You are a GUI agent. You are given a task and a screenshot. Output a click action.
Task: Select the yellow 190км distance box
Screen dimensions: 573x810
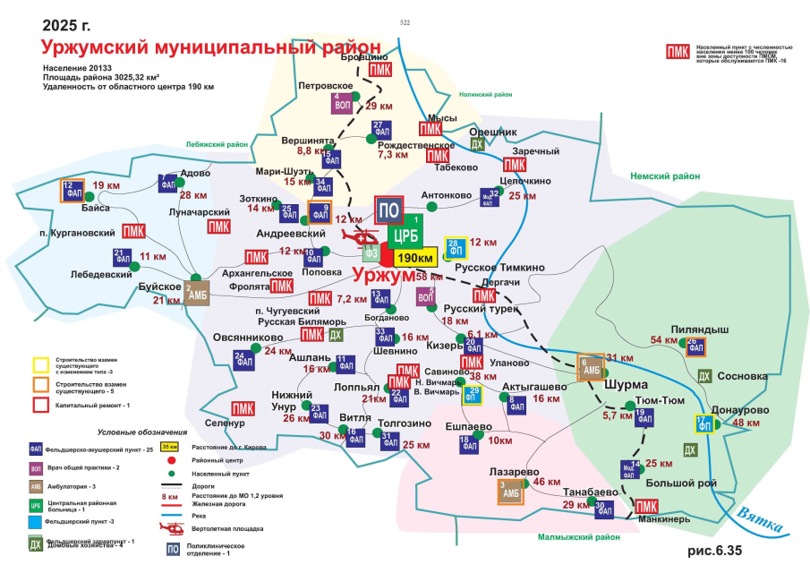click(x=414, y=258)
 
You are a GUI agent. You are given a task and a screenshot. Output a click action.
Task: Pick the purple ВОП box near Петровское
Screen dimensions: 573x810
click(x=341, y=102)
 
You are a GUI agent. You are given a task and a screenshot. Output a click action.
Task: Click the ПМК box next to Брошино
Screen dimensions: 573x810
click(x=380, y=70)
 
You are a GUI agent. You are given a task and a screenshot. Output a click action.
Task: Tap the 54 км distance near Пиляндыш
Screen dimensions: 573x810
click(x=664, y=339)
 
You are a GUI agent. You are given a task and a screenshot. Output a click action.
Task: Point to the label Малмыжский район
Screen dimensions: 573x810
click(x=578, y=537)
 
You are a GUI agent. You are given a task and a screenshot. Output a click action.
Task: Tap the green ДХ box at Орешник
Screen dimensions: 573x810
click(x=478, y=143)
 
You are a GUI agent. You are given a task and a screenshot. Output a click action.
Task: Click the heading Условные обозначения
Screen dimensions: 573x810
click(x=144, y=432)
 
